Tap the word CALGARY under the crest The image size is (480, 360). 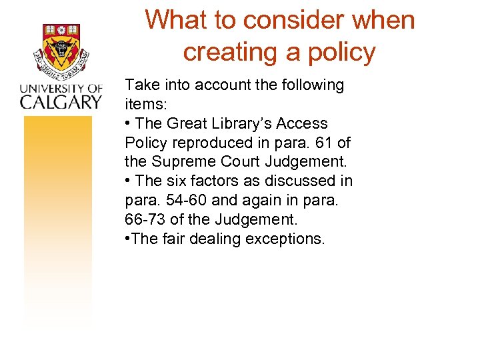(61, 101)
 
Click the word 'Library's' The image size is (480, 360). (242, 123)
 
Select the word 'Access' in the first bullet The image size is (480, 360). (303, 123)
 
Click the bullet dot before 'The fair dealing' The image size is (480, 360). (128, 239)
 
